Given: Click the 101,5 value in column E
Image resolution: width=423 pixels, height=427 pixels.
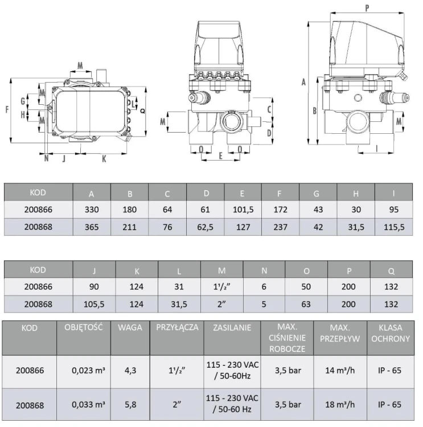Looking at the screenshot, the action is [x=243, y=210].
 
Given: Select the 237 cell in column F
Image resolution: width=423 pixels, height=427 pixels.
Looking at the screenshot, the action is [x=280, y=227].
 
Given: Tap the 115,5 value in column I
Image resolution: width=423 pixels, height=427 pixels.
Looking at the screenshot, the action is [x=394, y=227].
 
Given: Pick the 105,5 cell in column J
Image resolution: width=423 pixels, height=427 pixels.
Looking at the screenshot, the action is [x=94, y=304].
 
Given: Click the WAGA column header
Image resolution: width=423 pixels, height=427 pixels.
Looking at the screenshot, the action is [x=130, y=327].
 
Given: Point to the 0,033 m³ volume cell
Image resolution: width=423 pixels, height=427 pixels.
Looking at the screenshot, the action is [x=88, y=404].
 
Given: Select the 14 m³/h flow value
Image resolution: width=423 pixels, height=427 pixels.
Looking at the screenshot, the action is [x=340, y=371].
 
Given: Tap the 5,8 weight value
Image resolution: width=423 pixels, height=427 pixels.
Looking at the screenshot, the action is [x=130, y=404].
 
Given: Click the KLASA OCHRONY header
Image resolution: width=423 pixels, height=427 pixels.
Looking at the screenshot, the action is [x=391, y=333].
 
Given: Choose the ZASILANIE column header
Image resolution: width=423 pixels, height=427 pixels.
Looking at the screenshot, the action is [x=232, y=327].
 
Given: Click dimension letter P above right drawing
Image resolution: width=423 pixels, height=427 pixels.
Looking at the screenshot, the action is [x=367, y=9].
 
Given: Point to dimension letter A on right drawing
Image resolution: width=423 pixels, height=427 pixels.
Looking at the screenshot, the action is [x=303, y=81].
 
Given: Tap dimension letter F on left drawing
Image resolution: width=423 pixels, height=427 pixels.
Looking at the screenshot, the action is [x=7, y=109].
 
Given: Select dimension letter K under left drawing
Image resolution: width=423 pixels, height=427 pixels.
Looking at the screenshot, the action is [x=104, y=159].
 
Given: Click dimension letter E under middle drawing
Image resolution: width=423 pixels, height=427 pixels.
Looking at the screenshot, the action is [x=221, y=155].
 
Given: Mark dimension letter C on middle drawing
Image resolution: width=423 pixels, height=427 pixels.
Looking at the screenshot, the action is [x=269, y=109].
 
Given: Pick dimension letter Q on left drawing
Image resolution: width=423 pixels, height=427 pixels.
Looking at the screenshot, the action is [x=142, y=111].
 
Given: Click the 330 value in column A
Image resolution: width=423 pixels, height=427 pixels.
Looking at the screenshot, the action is [x=92, y=210].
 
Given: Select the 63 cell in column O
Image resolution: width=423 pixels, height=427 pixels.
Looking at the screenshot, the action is [x=306, y=304].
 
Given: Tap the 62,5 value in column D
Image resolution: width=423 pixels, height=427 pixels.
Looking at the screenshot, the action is [x=205, y=227].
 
